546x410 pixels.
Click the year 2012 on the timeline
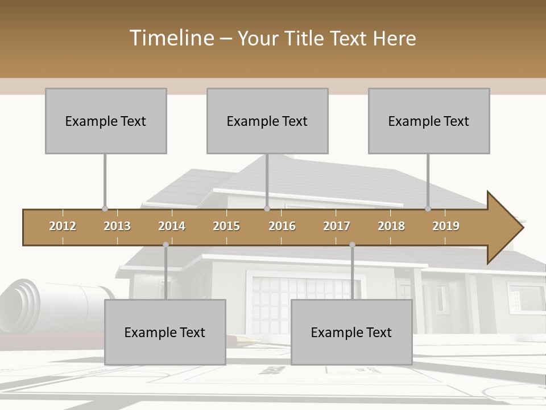click(x=63, y=226)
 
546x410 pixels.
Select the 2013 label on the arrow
click(x=117, y=226)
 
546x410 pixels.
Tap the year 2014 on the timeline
click(x=172, y=226)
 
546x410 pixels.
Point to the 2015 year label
click(x=226, y=226)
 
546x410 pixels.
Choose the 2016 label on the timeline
click(x=282, y=226)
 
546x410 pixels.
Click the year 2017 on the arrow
click(x=337, y=226)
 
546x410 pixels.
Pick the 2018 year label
click(x=391, y=226)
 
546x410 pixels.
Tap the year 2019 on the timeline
click(x=446, y=226)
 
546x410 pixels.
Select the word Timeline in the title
click(x=171, y=38)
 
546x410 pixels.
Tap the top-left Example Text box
click(x=106, y=121)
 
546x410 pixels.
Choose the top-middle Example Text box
click(x=267, y=121)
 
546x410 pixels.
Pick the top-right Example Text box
click(x=429, y=121)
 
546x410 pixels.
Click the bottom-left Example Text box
click(x=165, y=332)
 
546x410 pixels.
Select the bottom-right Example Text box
click(x=351, y=332)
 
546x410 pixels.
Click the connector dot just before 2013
click(x=105, y=209)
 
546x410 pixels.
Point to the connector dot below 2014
click(x=166, y=245)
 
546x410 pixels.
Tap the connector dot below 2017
click(x=352, y=245)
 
